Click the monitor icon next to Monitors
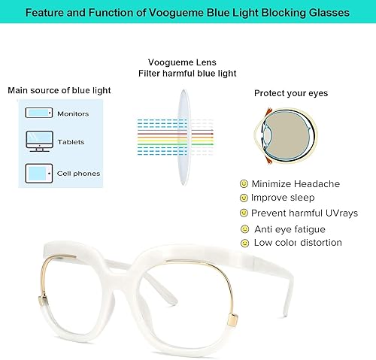(38, 113)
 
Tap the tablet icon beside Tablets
(38, 141)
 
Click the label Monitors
(73, 114)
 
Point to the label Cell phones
(78, 174)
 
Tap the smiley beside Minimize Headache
(244, 183)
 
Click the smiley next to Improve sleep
(244, 198)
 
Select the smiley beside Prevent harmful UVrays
(244, 213)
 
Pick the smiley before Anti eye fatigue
(244, 228)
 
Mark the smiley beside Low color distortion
(244, 243)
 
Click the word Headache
(318, 183)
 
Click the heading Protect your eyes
(290, 93)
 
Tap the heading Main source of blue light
(59, 90)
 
